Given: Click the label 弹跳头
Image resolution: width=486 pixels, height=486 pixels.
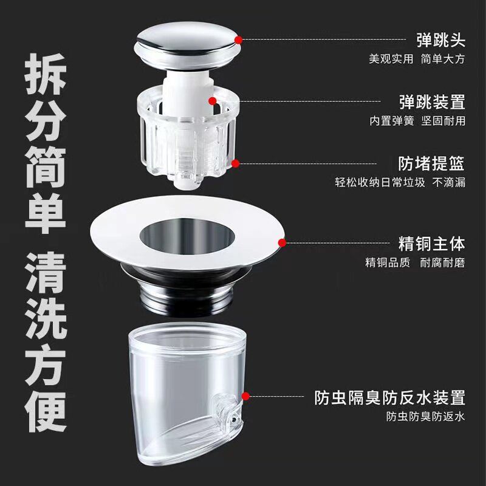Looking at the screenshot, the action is (440, 40).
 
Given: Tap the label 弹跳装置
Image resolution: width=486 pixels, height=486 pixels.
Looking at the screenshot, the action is (432, 101).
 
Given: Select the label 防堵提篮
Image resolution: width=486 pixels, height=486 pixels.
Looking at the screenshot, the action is (431, 163).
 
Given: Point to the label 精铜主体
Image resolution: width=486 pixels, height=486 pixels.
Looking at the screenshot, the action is (432, 244).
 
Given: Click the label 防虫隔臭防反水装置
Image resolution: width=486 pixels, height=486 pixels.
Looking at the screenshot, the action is (389, 397).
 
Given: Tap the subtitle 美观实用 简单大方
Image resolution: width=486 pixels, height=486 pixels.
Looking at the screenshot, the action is (417, 58).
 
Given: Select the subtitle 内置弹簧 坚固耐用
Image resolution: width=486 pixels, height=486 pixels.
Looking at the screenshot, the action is (417, 120).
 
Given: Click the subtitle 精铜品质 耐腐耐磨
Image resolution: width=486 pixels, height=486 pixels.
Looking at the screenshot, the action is (415, 262).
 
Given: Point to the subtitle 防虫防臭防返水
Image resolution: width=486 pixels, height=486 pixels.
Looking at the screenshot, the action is (426, 416).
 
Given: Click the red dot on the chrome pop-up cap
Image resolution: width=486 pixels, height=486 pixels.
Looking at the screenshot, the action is (238, 40).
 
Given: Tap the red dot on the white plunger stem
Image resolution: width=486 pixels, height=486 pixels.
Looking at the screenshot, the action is (212, 101).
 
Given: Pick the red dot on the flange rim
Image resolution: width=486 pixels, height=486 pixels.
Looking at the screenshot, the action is (282, 242).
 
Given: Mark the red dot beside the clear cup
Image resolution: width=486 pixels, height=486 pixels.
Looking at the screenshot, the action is (245, 396).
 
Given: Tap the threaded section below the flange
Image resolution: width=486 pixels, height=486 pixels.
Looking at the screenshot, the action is (187, 298).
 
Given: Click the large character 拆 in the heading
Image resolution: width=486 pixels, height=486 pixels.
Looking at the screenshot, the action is (46, 74).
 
